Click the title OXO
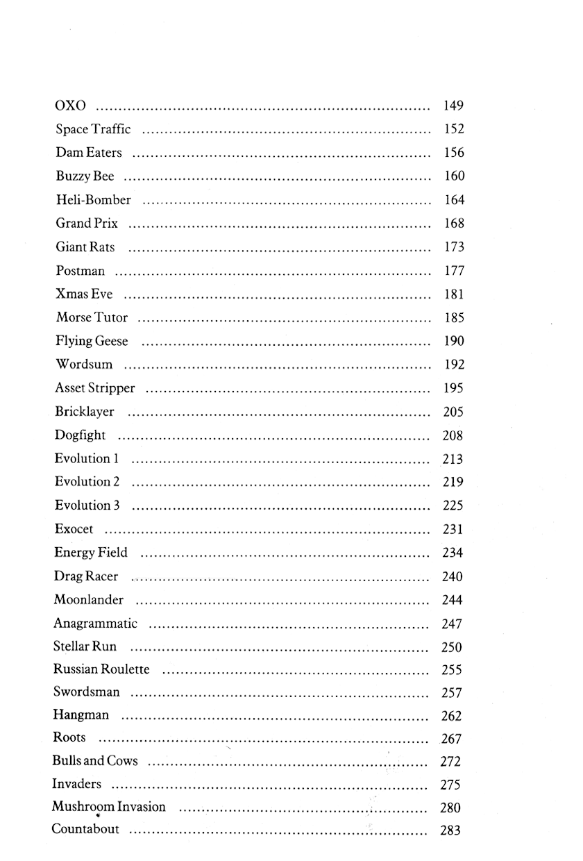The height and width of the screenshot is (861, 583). (x=70, y=106)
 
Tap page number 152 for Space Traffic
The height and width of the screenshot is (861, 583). (x=453, y=129)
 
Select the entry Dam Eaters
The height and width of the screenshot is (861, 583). (x=89, y=153)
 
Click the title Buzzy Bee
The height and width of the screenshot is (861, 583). (x=85, y=176)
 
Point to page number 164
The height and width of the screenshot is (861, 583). (x=454, y=200)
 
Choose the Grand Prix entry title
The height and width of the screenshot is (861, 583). (x=87, y=224)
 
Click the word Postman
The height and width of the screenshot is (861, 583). (x=81, y=271)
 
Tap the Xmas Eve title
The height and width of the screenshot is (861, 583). (x=84, y=294)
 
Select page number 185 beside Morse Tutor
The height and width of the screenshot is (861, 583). (x=454, y=318)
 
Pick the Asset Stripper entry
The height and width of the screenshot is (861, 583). (x=95, y=389)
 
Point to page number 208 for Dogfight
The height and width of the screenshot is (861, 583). (x=453, y=436)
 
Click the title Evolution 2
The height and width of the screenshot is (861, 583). (x=87, y=482)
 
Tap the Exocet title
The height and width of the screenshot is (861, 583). (x=74, y=529)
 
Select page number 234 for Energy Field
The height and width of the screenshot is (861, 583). (x=453, y=553)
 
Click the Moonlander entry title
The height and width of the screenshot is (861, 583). (x=88, y=600)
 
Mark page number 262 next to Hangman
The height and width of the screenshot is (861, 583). (x=451, y=716)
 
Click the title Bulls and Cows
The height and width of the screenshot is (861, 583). (x=95, y=761)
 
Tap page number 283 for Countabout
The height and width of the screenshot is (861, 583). (x=450, y=830)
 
